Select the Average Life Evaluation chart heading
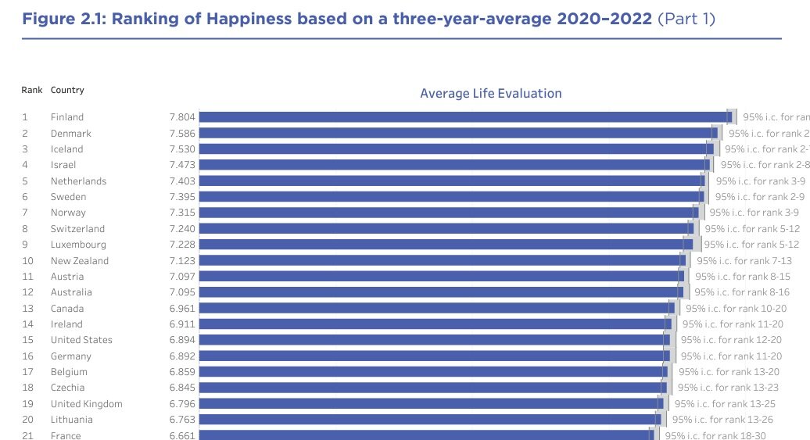pos(490,94)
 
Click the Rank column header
pos(32,90)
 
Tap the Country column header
pos(67,90)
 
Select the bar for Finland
pos(461,117)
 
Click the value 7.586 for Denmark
pos(182,133)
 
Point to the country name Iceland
pos(66,149)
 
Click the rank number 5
pos(25,181)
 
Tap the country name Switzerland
pos(77,229)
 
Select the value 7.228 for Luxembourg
pos(182,245)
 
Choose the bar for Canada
pos(434,308)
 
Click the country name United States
pos(81,340)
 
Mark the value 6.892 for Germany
pos(182,356)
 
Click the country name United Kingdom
pos(86,404)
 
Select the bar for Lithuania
pos(426,420)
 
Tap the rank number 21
pos(27,435)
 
